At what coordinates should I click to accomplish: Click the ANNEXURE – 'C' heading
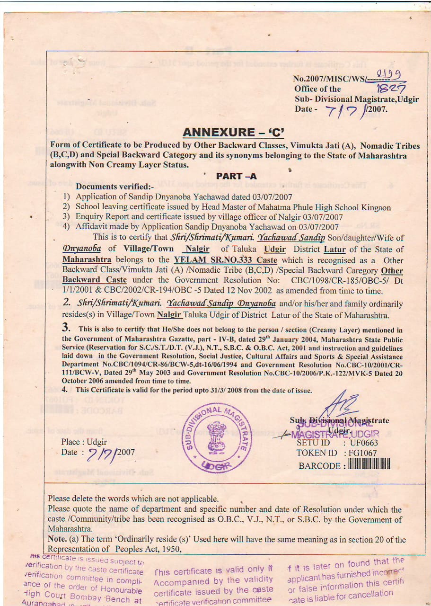(x=233, y=132)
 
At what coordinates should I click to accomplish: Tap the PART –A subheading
(x=237, y=176)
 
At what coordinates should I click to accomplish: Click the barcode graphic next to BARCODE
(x=369, y=464)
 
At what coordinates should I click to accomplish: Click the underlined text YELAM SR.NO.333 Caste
(x=225, y=260)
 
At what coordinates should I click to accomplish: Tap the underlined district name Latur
(x=334, y=250)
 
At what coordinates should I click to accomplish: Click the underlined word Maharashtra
(x=87, y=260)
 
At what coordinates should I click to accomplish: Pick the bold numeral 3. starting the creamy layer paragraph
(x=66, y=327)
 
